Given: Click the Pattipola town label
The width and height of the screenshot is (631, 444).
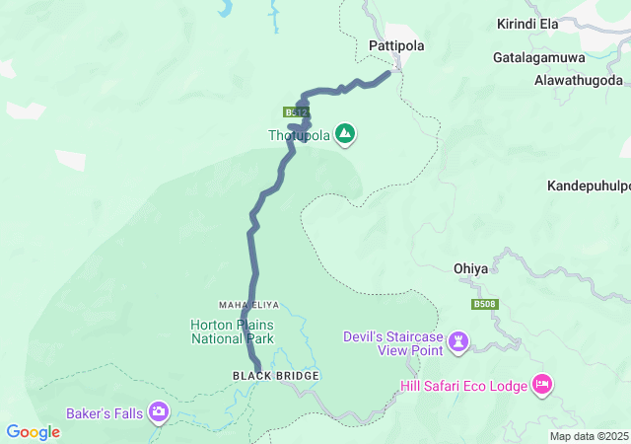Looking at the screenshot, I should coord(394,45).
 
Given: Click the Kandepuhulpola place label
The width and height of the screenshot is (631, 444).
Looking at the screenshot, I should coord(589,185).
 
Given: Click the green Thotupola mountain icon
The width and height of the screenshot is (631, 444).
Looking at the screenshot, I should coord(344,133).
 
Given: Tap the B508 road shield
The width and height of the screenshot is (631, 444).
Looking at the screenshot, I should coord(484,305).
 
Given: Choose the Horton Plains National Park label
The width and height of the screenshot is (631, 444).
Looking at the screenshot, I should coord(232,332).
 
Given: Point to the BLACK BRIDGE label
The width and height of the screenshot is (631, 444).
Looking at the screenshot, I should coord(262,376).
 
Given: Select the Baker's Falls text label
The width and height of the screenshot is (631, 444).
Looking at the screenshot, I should coord(104,412).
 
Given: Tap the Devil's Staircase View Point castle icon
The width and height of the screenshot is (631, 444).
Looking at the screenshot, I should coord(457,343).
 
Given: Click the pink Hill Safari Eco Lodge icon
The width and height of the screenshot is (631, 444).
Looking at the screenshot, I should coord(540,384).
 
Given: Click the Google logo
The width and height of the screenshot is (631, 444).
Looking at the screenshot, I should coord(33,432).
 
